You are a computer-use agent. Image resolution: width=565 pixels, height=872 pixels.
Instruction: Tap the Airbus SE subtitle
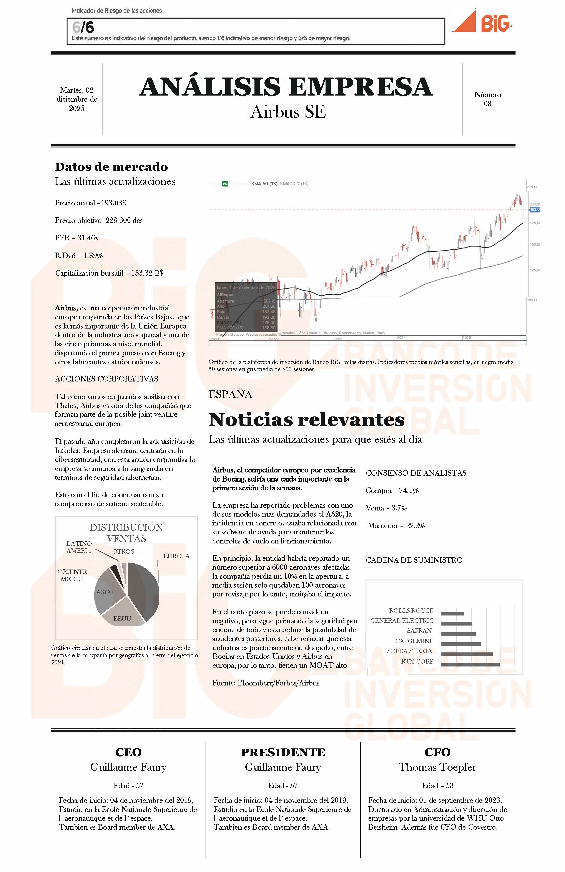click(x=288, y=112)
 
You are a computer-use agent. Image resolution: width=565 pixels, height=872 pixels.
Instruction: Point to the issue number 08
click(x=487, y=104)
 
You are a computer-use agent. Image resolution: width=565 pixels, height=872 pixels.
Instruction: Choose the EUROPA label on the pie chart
click(x=176, y=556)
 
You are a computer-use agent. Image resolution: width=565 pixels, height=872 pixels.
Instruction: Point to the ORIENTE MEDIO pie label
click(x=72, y=575)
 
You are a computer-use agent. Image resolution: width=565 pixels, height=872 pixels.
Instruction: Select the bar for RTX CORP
click(x=470, y=664)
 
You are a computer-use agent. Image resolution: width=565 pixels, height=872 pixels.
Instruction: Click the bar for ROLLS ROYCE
click(x=452, y=613)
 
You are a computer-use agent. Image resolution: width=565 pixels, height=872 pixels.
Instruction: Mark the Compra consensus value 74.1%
click(x=409, y=491)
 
